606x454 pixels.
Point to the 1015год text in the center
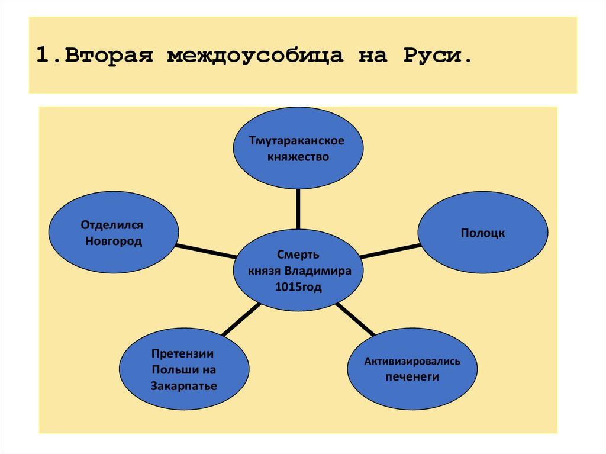click(x=298, y=286)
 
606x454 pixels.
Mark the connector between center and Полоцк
click(x=390, y=251)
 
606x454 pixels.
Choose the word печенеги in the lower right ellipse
click(x=412, y=376)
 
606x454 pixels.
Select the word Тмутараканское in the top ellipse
click(x=297, y=142)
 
